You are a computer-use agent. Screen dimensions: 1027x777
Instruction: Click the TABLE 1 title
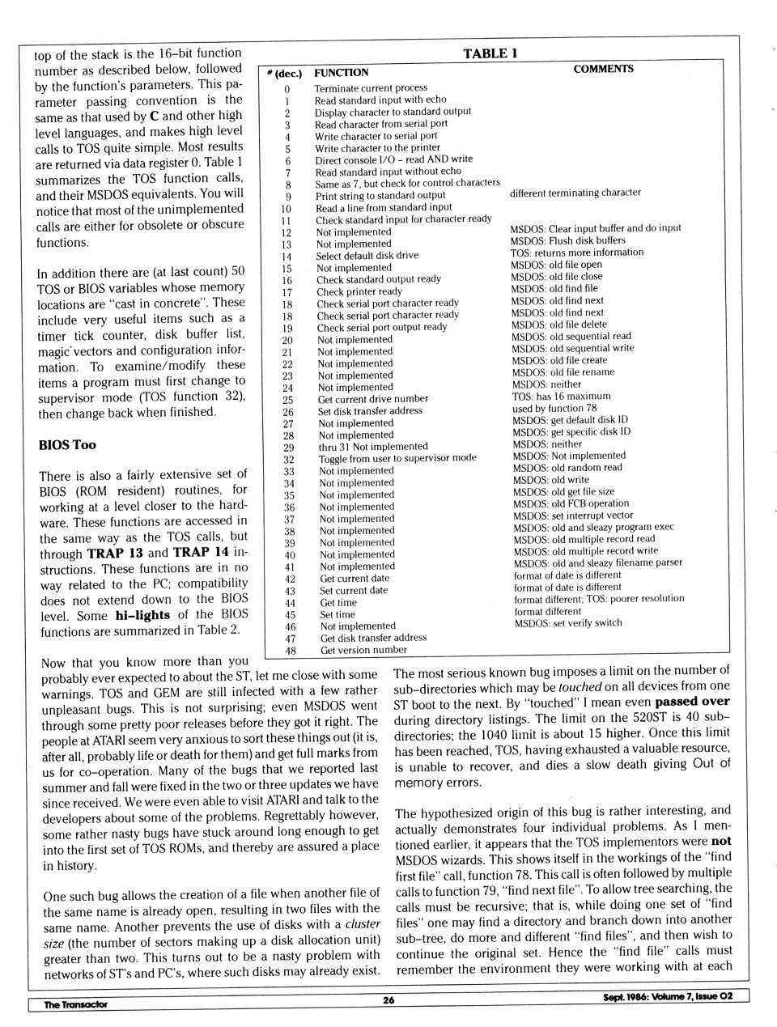pos(490,53)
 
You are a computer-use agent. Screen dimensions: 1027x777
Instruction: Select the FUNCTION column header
pos(341,73)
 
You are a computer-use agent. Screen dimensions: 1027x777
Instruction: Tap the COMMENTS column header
pos(603,69)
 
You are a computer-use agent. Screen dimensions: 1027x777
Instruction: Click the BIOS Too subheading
pos(67,444)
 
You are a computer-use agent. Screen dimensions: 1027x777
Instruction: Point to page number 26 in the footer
pos(388,1000)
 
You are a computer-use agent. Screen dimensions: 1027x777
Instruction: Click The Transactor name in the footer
pos(75,1004)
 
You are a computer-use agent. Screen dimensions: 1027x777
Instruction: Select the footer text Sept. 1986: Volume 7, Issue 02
pos(668,996)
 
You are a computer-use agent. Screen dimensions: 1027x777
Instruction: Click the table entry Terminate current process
pos(371,87)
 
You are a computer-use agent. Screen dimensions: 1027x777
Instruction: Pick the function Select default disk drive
pos(367,256)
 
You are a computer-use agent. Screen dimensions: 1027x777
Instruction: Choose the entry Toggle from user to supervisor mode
pos(397,458)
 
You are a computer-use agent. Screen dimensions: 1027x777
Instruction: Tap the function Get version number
pos(363,650)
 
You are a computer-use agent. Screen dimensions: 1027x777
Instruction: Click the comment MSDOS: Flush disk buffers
pos(567,240)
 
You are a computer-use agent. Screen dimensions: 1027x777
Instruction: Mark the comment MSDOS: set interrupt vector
pos(572,516)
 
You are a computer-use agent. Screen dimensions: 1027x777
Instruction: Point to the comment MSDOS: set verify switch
pos(568,623)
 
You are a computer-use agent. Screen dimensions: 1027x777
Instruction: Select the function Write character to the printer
pos(378,148)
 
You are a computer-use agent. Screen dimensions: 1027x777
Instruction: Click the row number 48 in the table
pos(291,651)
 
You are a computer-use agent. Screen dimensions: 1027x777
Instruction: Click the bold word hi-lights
pos(142,615)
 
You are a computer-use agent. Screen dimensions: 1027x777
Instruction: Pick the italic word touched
pos(580,686)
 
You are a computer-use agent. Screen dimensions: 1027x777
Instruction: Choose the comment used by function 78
pos(554,409)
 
